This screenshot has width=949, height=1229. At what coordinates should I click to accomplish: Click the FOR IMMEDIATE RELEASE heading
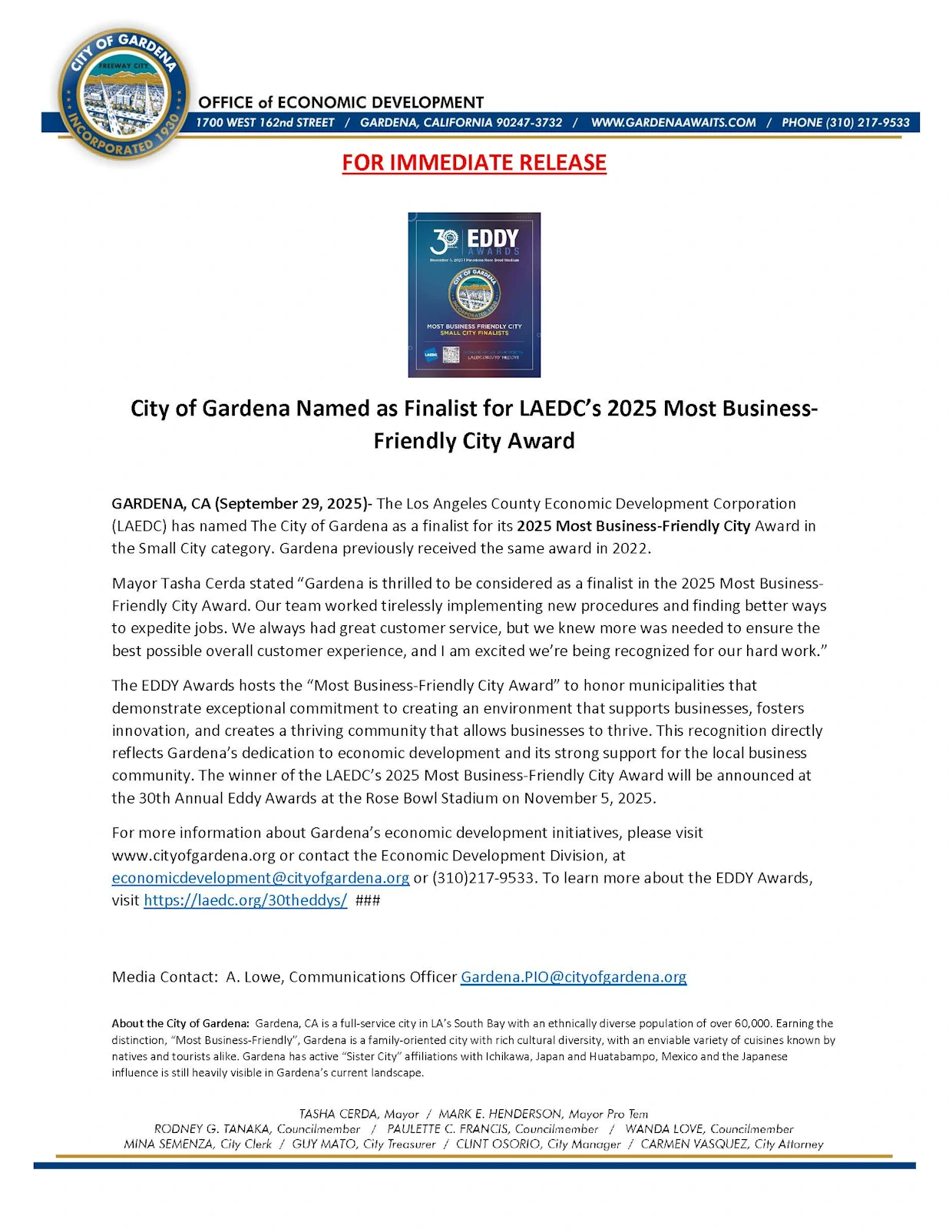point(474,163)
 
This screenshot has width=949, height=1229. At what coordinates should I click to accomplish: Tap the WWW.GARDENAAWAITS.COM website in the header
point(673,123)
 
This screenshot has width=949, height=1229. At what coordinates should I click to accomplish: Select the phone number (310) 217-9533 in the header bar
point(845,123)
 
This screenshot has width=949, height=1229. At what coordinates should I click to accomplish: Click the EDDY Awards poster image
point(474,294)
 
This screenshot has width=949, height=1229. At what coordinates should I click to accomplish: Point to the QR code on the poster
point(451,355)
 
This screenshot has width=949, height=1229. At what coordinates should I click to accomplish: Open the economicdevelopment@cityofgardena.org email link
point(260,877)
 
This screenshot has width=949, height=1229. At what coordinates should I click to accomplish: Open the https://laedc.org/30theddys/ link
point(245,900)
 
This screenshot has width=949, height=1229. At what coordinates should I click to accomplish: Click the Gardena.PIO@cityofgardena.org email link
point(574,977)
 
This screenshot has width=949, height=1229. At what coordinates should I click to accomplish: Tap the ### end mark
point(368,900)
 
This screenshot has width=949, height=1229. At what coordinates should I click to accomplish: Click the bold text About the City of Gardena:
point(180,1023)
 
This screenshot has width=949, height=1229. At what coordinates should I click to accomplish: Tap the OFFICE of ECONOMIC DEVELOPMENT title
point(341,103)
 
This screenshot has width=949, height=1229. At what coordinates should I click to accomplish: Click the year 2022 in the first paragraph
point(630,548)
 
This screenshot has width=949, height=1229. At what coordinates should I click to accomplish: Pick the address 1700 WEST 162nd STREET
point(265,123)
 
